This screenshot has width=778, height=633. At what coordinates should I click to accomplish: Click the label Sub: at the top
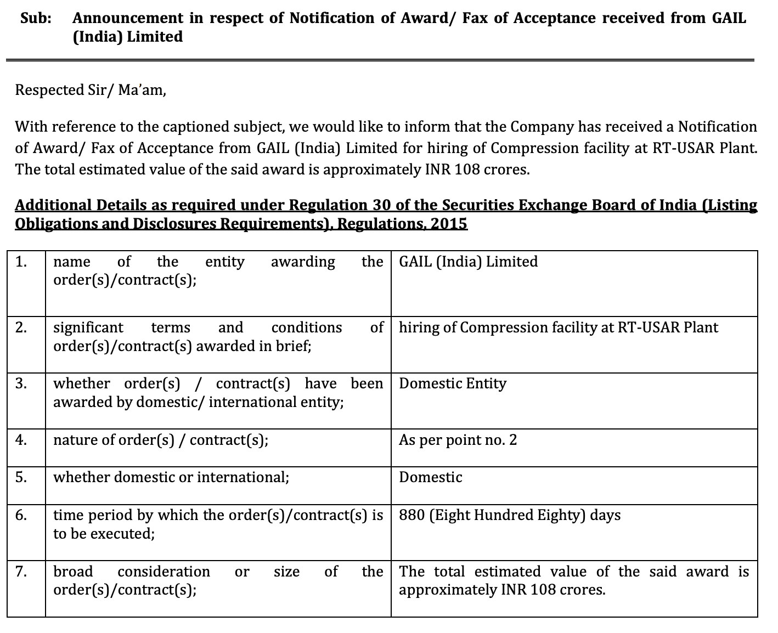pyautogui.click(x=36, y=18)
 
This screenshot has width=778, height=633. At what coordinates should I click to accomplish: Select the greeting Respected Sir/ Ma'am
pyautogui.click(x=90, y=90)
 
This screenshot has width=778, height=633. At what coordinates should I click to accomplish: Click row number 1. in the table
pyautogui.click(x=21, y=262)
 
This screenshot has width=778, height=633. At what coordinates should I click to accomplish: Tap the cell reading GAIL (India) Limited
pyautogui.click(x=468, y=262)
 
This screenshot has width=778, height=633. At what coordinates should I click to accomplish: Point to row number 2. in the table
pyautogui.click(x=21, y=327)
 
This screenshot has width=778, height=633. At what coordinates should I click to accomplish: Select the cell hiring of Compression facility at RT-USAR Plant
pyautogui.click(x=558, y=327)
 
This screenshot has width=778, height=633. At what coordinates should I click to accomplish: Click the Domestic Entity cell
pyautogui.click(x=452, y=383)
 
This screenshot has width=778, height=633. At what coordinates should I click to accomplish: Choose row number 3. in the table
pyautogui.click(x=21, y=383)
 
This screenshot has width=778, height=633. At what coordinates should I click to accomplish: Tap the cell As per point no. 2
pyautogui.click(x=458, y=440)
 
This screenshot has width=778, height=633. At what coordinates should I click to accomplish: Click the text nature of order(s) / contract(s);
pyautogui.click(x=161, y=440)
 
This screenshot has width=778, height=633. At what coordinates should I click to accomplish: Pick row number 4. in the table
pyautogui.click(x=21, y=440)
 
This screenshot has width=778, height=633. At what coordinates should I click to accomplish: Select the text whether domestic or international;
pyautogui.click(x=171, y=477)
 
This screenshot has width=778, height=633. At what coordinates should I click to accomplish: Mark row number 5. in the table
pyautogui.click(x=21, y=477)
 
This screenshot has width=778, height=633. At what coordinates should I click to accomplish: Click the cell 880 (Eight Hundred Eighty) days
pyautogui.click(x=510, y=515)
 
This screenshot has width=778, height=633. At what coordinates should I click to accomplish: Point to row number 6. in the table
pyautogui.click(x=21, y=515)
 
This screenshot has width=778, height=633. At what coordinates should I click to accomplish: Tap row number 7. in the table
pyautogui.click(x=21, y=572)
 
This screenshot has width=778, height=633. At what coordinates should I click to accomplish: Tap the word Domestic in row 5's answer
pyautogui.click(x=430, y=477)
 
